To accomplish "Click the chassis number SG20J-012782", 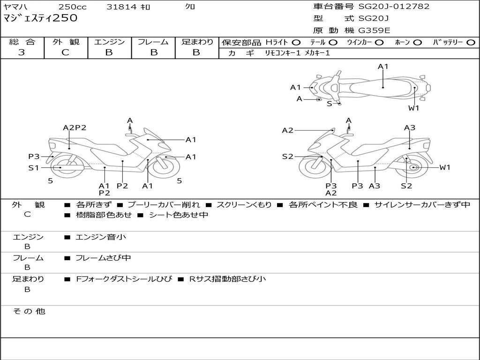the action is [394, 7].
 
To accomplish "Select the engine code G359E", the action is [374, 31].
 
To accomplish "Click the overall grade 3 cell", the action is [22, 52].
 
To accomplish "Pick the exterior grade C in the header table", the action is [66, 52].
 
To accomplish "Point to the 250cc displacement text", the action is [73, 7].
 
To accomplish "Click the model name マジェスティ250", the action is [40, 19].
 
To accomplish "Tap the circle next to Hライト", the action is [296, 43].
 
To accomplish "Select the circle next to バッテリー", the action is [470, 43].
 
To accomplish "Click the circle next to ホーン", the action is [417, 43].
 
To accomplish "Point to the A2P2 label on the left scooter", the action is [75, 127].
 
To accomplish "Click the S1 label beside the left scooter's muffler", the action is [33, 167].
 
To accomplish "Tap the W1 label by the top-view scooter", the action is [413, 108].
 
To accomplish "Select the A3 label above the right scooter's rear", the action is [410, 127].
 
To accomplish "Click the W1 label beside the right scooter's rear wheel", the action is [444, 167].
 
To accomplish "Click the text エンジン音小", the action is [101, 237].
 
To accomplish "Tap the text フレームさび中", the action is [103, 258].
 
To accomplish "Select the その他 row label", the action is [29, 311].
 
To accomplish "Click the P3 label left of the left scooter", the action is [34, 157].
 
